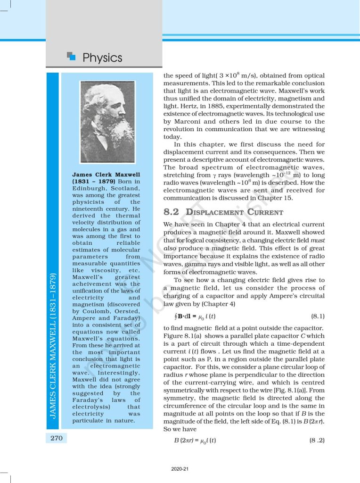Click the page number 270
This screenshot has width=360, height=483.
coord(57,438)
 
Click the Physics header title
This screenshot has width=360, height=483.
coord(102,58)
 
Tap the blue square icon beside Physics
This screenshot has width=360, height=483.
coord(71,57)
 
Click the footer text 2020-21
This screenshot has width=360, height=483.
coord(180,470)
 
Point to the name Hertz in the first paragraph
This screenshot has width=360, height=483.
coord(178,106)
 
